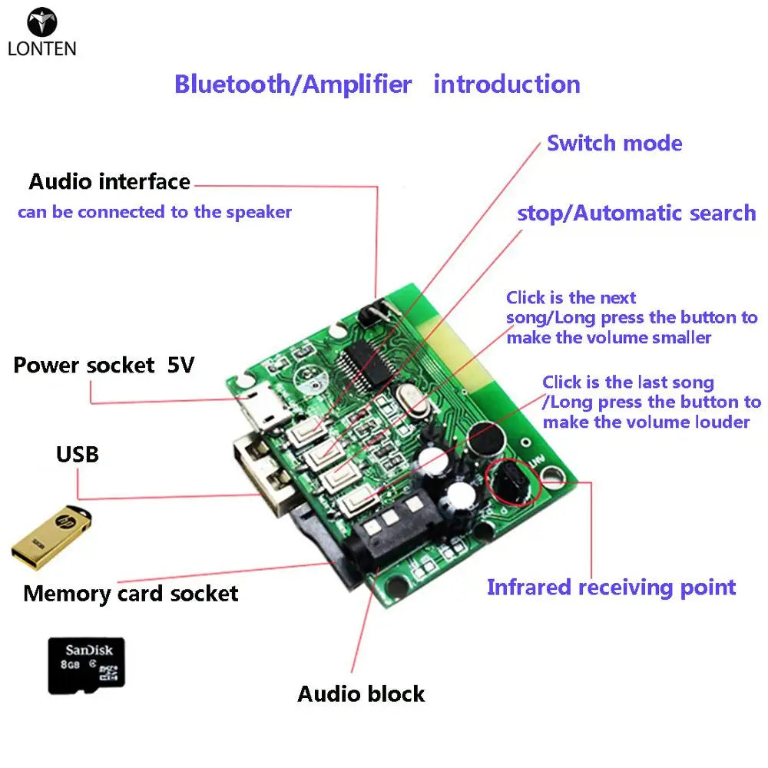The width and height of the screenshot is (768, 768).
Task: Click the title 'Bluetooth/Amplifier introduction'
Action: coord(377,84)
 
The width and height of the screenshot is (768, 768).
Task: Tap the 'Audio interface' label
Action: coord(109,182)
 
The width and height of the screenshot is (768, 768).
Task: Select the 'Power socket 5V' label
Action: coord(104,365)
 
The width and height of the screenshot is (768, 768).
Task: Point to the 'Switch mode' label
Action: coord(614,143)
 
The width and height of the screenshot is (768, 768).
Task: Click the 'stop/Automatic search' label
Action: coord(636,213)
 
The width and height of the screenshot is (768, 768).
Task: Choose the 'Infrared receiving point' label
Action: coord(611,588)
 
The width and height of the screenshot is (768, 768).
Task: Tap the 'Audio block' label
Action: coord(361,694)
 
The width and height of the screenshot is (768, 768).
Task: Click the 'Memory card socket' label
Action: coord(131,593)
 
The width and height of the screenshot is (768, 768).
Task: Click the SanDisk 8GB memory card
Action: coord(86,663)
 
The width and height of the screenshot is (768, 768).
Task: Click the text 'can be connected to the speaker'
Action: coord(154,212)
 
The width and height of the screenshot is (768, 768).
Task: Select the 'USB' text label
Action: coord(78,454)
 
